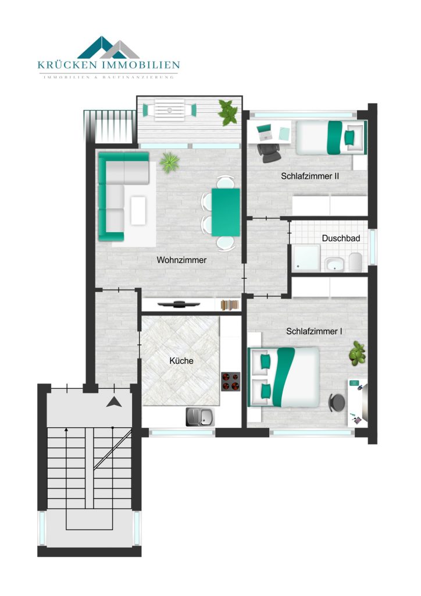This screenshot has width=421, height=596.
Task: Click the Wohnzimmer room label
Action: (x=181, y=260)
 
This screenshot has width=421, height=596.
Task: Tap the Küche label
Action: (x=181, y=361)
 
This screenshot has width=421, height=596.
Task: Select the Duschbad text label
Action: (x=341, y=238)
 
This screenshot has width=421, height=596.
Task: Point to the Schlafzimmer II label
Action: (x=310, y=176)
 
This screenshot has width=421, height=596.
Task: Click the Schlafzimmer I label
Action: (x=314, y=331)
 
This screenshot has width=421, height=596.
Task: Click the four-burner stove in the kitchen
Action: (x=231, y=382)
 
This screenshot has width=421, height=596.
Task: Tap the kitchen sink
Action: (x=200, y=417)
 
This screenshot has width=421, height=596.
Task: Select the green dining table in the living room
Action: (x=226, y=212)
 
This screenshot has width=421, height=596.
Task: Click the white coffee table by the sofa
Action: (x=138, y=210)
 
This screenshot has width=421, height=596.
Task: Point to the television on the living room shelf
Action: (x=179, y=304)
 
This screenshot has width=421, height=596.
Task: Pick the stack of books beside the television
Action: (x=230, y=305)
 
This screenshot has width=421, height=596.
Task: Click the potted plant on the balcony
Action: (x=228, y=112)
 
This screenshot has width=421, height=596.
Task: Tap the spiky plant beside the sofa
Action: (x=169, y=162)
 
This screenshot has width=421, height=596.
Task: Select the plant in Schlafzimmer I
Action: (x=357, y=353)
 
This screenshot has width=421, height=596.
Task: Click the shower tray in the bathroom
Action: (x=306, y=258)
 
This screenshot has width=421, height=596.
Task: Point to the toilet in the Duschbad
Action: (x=356, y=262)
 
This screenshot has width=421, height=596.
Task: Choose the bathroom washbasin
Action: (x=334, y=264)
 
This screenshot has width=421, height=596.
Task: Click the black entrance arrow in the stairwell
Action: (x=114, y=402)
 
